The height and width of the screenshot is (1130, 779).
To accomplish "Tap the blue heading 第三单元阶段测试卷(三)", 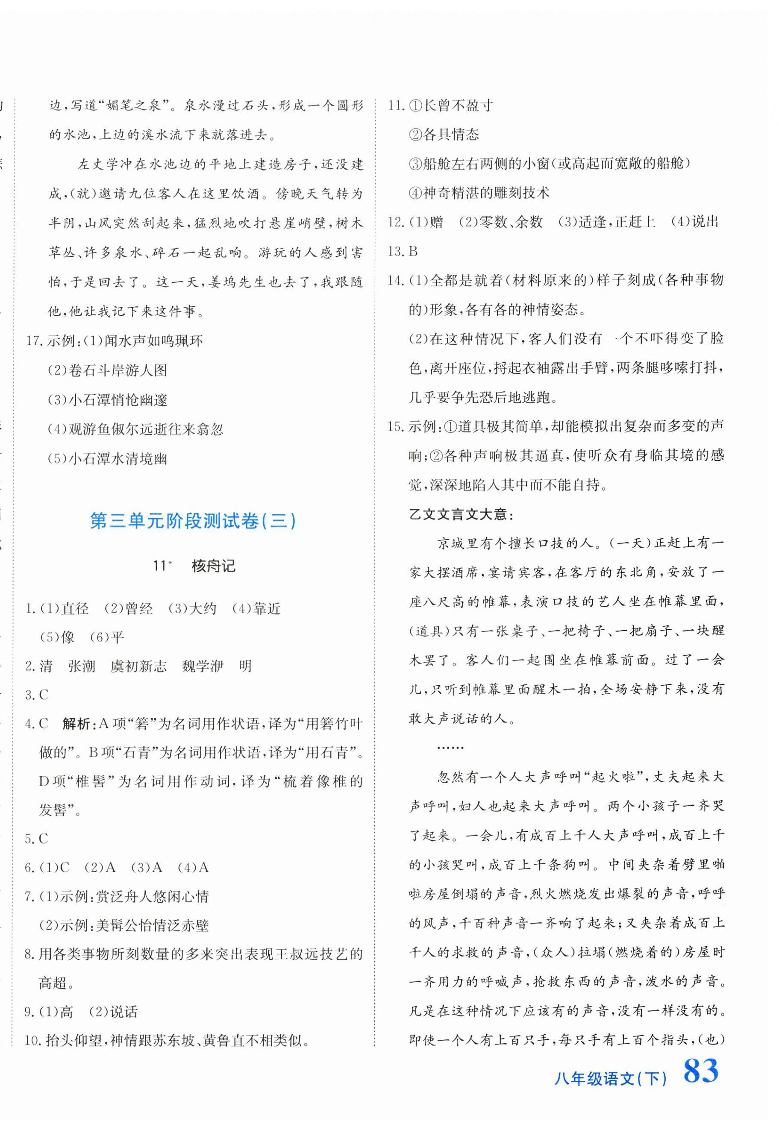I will [193, 522].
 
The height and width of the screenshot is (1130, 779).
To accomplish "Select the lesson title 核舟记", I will [213, 566].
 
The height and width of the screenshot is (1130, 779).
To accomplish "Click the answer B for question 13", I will [413, 251].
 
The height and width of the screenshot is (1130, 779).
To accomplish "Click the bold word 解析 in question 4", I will [76, 724].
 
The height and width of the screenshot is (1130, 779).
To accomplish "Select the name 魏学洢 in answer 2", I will [203, 666].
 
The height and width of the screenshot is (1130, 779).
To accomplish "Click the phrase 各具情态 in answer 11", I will [450, 135].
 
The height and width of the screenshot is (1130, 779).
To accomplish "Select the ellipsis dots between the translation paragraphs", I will [450, 747].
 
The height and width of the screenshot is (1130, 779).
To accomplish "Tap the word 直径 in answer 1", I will [75, 608].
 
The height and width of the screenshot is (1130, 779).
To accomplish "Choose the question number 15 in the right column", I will [396, 426].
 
